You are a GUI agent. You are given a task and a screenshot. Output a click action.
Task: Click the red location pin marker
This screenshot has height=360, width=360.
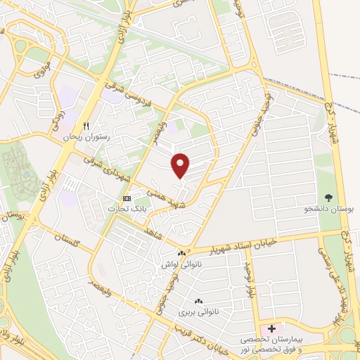click(x=181, y=165)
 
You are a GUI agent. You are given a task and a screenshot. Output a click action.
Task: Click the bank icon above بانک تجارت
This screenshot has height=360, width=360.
click(x=127, y=198)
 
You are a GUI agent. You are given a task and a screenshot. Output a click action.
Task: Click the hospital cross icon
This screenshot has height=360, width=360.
click(x=271, y=329)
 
